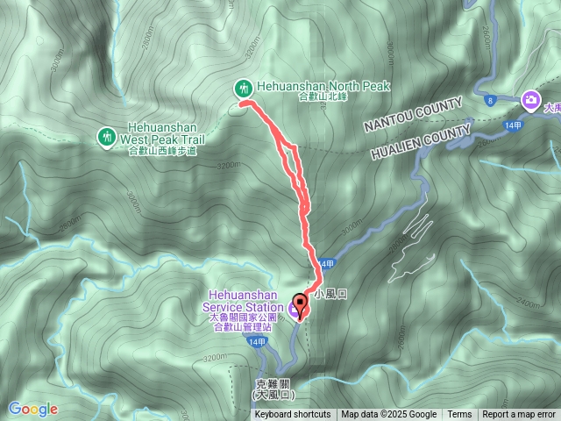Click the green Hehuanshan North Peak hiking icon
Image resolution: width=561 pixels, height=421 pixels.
(243, 88)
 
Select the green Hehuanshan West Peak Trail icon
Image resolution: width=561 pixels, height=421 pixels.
(106, 136)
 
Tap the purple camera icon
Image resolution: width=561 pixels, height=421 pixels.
(530, 100)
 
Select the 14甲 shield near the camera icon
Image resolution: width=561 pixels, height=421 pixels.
(514, 125)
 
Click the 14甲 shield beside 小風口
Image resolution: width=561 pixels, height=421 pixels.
(326, 263)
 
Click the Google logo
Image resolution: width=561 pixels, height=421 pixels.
(33, 409)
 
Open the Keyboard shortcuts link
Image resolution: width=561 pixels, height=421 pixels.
(293, 415)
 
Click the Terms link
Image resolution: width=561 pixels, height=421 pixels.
(459, 415)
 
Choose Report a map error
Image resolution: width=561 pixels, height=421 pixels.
(519, 415)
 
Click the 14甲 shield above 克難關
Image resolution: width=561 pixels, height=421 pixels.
(254, 341)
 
